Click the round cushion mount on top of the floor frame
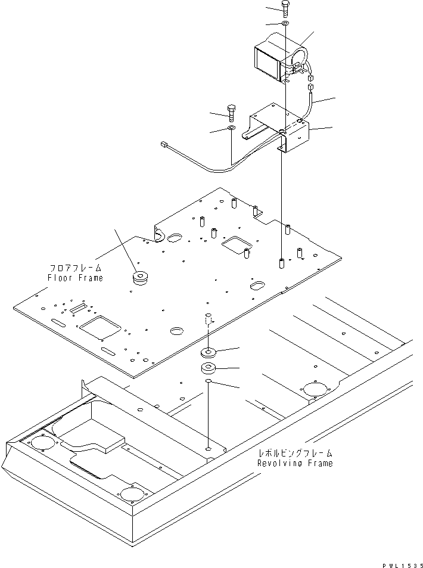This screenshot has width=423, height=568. pyautogui.click(x=142, y=278)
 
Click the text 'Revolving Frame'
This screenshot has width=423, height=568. pyautogui.click(x=295, y=463)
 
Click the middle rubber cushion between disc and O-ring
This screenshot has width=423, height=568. pyautogui.click(x=209, y=367)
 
